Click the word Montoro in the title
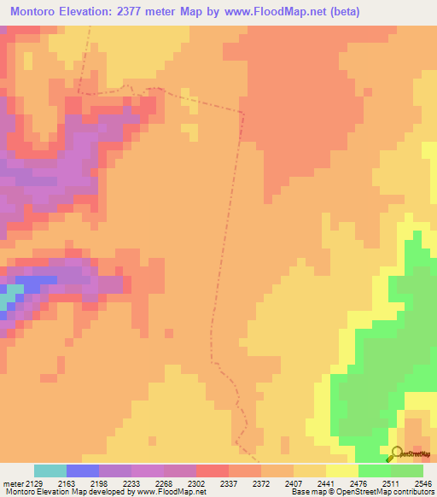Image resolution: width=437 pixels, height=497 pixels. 36,12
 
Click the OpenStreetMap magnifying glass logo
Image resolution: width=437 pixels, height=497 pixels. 396,455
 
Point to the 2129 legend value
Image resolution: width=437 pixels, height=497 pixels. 33,483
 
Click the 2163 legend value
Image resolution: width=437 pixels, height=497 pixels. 67,483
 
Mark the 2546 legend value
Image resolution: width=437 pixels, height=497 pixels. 421,483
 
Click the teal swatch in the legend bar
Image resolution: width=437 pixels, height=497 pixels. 50,471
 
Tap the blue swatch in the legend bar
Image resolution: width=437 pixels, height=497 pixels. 83,471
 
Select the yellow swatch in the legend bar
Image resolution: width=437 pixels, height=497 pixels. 342,471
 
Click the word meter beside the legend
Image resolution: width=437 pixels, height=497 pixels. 10,483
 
